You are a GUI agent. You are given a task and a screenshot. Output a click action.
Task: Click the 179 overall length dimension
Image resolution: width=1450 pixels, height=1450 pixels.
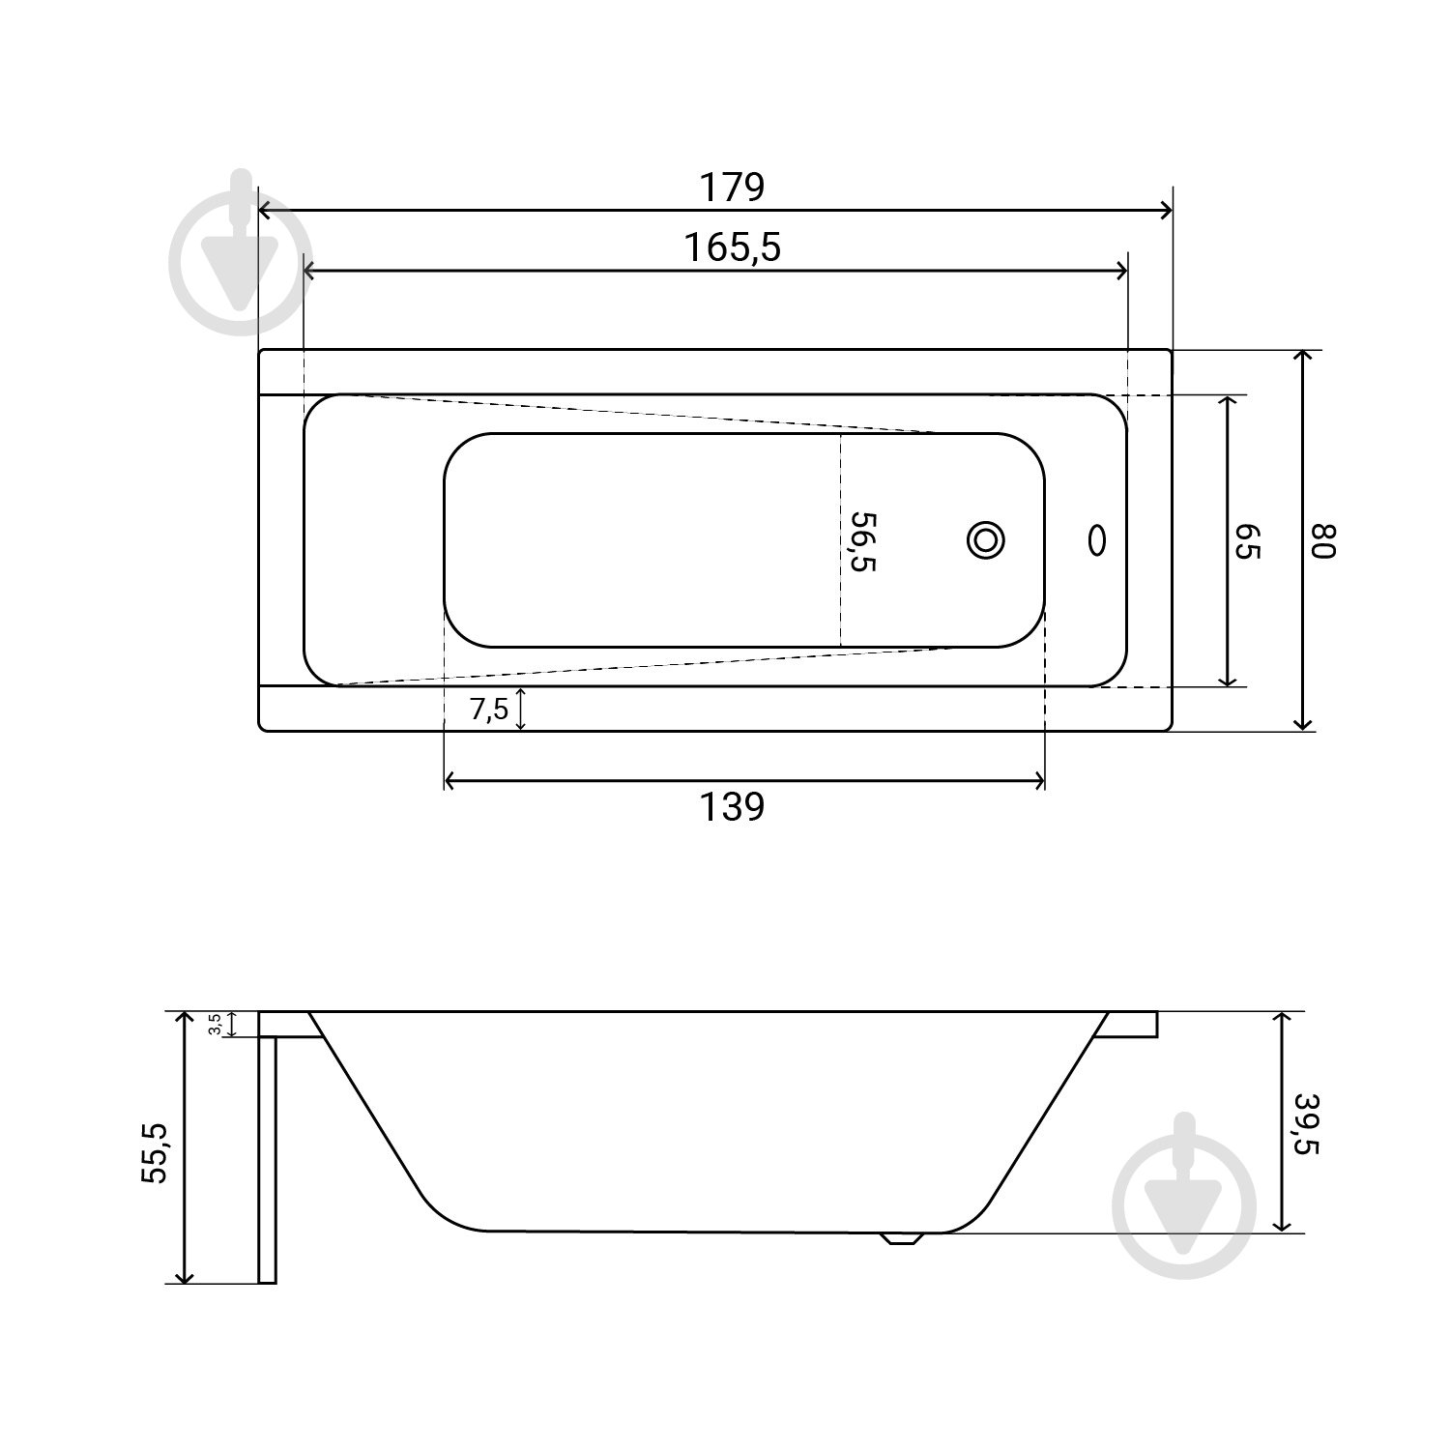(732, 187)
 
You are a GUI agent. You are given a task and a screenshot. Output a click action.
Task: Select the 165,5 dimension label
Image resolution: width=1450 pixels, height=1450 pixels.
(732, 248)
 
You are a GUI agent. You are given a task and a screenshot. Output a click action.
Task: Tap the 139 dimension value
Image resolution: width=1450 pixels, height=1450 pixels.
(732, 806)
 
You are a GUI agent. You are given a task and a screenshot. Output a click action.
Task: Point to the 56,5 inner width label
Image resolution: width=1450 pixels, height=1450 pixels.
(861, 541)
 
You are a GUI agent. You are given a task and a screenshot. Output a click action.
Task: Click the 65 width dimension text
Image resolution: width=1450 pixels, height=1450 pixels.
(1248, 541)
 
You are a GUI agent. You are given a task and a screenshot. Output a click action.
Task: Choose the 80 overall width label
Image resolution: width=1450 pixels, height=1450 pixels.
(1322, 539)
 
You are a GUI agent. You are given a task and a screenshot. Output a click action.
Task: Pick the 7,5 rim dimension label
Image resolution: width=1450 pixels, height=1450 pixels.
(489, 710)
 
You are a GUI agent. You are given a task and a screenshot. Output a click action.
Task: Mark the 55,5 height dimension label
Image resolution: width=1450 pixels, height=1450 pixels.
(155, 1151)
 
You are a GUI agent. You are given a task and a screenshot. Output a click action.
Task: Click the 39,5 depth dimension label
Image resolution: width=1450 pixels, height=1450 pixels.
(1306, 1123)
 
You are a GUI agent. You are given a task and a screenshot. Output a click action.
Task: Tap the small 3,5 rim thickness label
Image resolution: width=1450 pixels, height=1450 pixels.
(216, 1024)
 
